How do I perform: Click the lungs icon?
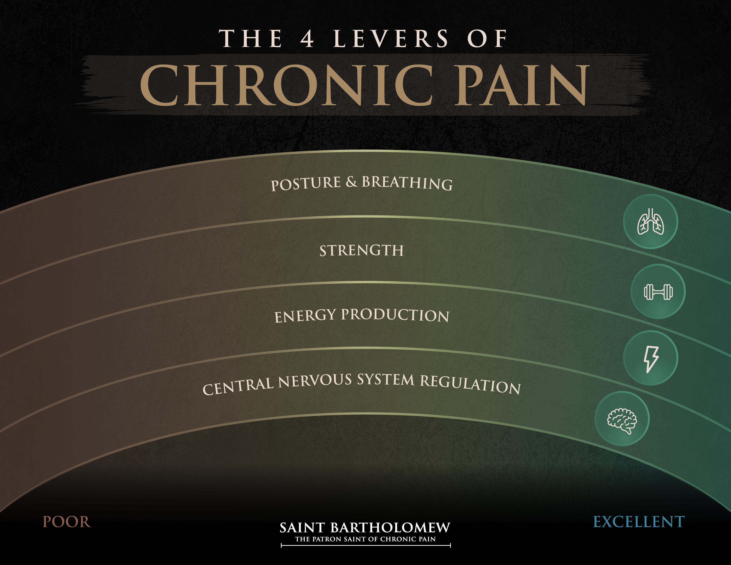tap(650, 222)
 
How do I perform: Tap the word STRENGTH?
tap(362, 251)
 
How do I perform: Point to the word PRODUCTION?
tap(395, 315)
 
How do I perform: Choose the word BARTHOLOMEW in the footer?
tap(390, 528)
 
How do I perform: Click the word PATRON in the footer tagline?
tap(327, 539)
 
